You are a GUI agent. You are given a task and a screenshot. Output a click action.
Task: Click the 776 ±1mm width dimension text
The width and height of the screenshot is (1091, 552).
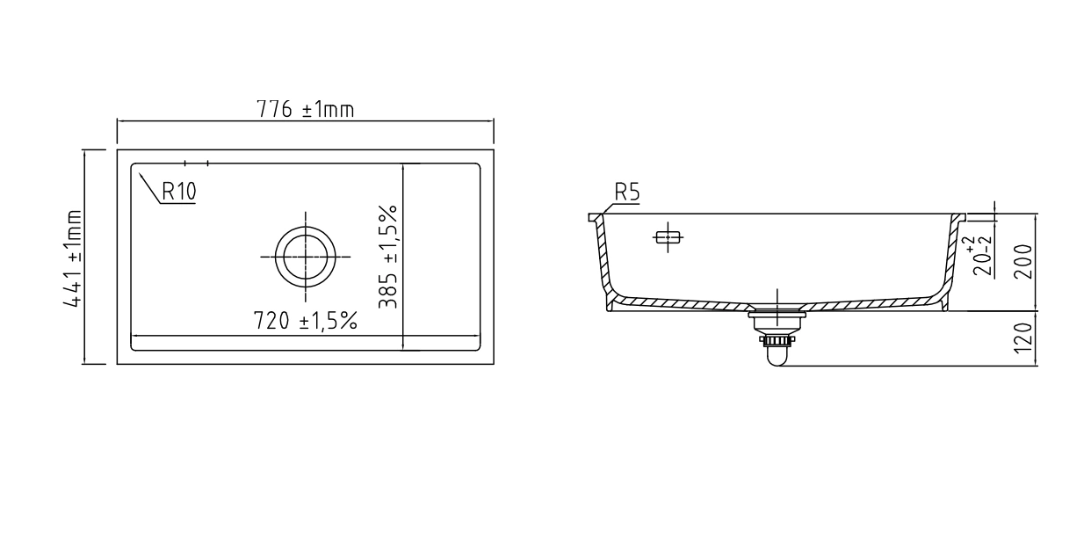click(x=306, y=110)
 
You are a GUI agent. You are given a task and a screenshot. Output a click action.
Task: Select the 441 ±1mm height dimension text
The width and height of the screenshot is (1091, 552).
click(x=73, y=258)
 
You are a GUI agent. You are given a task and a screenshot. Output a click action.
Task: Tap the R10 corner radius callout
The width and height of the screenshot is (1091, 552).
click(x=178, y=191)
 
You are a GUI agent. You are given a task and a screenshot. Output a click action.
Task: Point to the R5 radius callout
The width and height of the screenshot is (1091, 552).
click(x=627, y=192)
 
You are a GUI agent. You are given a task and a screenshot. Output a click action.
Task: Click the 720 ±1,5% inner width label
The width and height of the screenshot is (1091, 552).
click(x=306, y=321)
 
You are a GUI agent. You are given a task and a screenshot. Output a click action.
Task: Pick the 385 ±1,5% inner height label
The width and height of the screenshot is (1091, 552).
click(x=388, y=257)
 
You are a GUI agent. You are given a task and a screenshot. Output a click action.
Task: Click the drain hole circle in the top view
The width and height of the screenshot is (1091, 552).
click(x=306, y=227)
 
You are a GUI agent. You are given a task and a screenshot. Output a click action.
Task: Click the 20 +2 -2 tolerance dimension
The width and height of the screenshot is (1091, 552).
click(x=978, y=257)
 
